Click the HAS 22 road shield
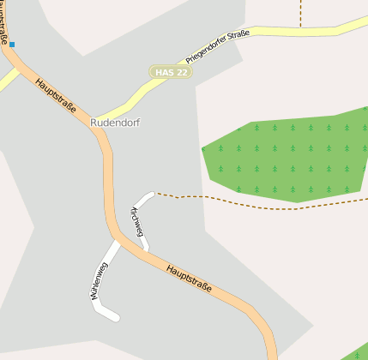170,73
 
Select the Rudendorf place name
114,123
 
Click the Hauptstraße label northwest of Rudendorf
56,96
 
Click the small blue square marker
12,44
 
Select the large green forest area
283,159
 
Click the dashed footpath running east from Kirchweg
257,204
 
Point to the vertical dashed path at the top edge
301,12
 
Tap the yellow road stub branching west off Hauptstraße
7,81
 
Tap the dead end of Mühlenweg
116,319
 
